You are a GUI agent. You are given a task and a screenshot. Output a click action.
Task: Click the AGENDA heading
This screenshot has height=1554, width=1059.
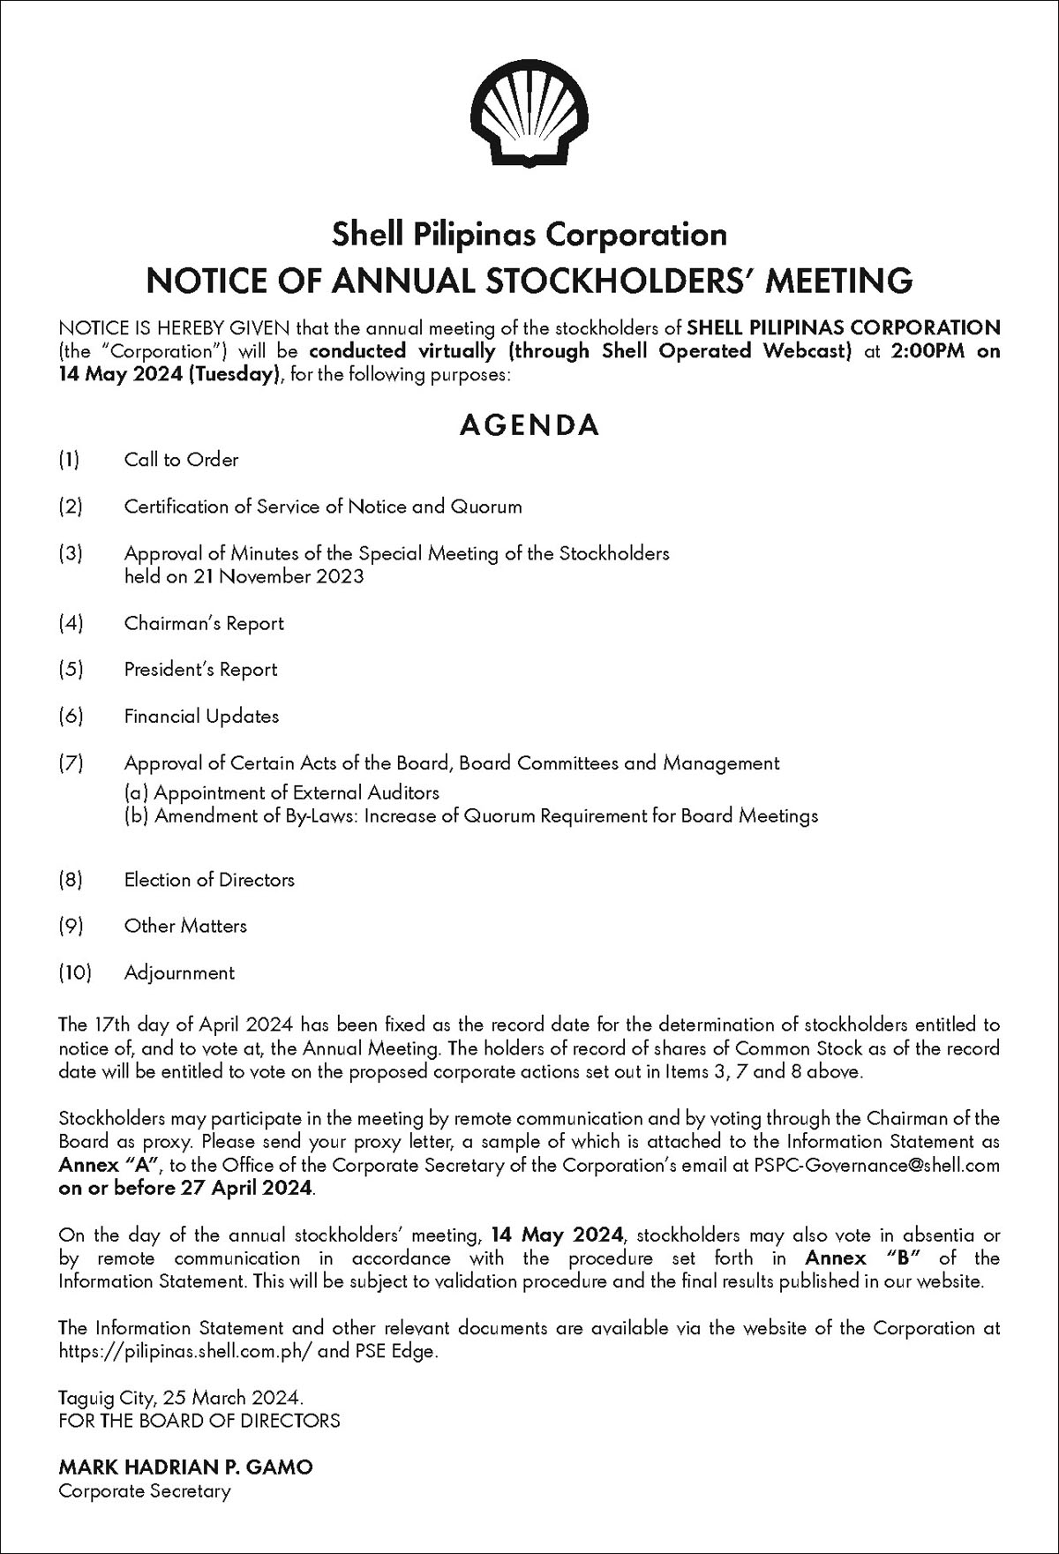pyautogui.click(x=529, y=424)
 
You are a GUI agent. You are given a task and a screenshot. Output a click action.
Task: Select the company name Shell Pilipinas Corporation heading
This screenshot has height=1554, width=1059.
pyautogui.click(x=529, y=234)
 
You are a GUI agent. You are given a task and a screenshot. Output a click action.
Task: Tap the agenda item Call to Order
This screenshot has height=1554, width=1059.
pyautogui.click(x=181, y=460)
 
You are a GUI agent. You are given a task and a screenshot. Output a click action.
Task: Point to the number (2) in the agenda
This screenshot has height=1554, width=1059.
pyautogui.click(x=71, y=507)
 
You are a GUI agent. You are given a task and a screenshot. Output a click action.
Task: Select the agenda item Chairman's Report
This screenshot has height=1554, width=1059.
pyautogui.click(x=204, y=623)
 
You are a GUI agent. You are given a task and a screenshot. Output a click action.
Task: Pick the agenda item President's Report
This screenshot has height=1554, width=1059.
pyautogui.click(x=200, y=670)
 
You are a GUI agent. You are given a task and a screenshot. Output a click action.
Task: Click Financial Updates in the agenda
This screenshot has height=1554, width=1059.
pyautogui.click(x=201, y=717)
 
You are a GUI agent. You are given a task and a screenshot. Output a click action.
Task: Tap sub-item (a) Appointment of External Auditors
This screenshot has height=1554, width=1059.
pyautogui.click(x=282, y=792)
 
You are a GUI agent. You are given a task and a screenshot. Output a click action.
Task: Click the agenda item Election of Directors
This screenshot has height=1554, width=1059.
pyautogui.click(x=209, y=880)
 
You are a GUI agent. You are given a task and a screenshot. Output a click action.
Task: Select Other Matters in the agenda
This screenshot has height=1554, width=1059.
pyautogui.click(x=185, y=926)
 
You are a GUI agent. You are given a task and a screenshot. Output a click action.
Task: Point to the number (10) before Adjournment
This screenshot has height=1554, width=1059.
pyautogui.click(x=75, y=972)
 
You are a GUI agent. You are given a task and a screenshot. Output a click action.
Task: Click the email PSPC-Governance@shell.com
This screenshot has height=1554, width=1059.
pyautogui.click(x=876, y=1165)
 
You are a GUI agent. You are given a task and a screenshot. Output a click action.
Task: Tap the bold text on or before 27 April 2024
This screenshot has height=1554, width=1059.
pyautogui.click(x=186, y=1188)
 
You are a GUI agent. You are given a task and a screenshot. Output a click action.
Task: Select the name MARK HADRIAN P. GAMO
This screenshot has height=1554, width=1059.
pyautogui.click(x=185, y=1467)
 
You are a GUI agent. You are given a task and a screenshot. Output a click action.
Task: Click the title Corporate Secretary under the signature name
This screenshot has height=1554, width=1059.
pyautogui.click(x=144, y=1490)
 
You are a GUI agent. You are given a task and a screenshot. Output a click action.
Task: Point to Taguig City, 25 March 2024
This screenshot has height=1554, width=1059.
pyautogui.click(x=181, y=1398)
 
